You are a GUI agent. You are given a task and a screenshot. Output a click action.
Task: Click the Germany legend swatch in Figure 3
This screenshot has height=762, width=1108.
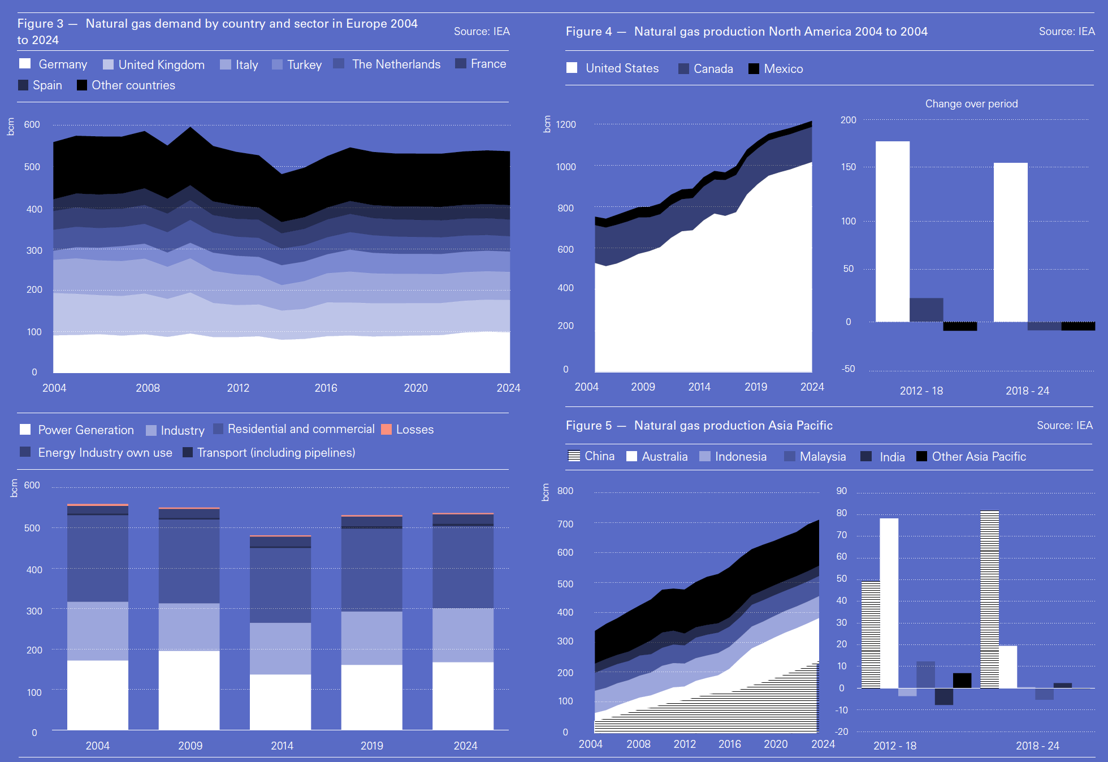(x=25, y=64)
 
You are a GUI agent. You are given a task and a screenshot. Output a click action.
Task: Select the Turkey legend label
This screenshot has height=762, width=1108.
(x=304, y=64)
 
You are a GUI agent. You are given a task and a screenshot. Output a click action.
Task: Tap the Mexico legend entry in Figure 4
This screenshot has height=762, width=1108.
(x=783, y=69)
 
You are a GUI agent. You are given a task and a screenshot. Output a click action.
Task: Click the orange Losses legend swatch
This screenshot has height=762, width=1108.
(x=387, y=430)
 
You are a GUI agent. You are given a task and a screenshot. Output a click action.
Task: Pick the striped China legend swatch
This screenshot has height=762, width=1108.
(x=574, y=456)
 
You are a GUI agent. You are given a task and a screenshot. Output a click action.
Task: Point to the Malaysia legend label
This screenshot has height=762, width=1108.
(x=823, y=457)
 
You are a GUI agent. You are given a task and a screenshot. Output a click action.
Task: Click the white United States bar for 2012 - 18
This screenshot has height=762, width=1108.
(x=893, y=231)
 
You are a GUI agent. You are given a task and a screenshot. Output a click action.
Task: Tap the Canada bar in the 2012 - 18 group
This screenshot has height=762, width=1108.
(x=926, y=310)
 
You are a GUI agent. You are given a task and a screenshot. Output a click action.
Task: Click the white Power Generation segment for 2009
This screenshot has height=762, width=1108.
(x=189, y=690)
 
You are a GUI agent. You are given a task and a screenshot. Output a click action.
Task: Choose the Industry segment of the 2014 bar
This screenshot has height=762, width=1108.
(x=280, y=648)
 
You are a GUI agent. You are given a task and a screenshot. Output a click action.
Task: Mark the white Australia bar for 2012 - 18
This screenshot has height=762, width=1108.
(x=889, y=603)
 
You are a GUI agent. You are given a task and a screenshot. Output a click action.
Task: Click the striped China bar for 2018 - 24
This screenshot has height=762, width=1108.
(x=989, y=599)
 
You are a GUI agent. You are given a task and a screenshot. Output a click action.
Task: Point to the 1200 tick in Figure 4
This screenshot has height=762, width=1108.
(x=565, y=124)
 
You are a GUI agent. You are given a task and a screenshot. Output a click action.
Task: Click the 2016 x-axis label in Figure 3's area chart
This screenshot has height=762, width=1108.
(x=326, y=388)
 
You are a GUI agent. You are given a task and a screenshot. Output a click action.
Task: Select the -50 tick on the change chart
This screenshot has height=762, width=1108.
(x=848, y=369)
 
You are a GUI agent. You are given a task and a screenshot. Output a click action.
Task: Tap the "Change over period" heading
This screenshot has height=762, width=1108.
(x=971, y=104)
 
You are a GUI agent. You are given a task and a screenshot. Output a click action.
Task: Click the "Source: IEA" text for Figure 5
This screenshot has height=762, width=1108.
(x=1064, y=426)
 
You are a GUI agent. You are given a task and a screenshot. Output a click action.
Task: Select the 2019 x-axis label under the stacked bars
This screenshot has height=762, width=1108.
(x=372, y=746)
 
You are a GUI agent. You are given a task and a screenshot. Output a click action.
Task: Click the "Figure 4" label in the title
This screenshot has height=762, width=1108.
(x=588, y=32)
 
